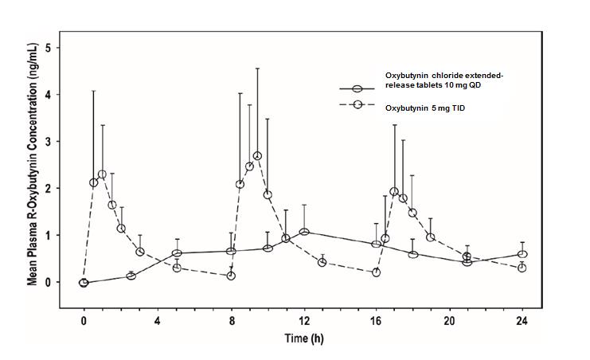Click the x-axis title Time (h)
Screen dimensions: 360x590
(x=303, y=338)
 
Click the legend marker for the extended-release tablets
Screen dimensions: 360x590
(x=358, y=89)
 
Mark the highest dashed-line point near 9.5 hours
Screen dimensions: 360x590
(x=257, y=156)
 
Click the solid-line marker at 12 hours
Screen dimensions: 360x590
(x=304, y=232)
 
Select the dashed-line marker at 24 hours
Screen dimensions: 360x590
(x=522, y=268)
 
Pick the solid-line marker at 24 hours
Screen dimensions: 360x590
(x=522, y=255)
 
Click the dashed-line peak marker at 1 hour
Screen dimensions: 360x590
(x=102, y=174)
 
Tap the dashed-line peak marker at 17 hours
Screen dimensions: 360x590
(x=394, y=191)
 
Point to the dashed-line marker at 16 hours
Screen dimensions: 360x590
(x=376, y=272)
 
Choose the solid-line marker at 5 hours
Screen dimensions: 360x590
(x=177, y=253)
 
